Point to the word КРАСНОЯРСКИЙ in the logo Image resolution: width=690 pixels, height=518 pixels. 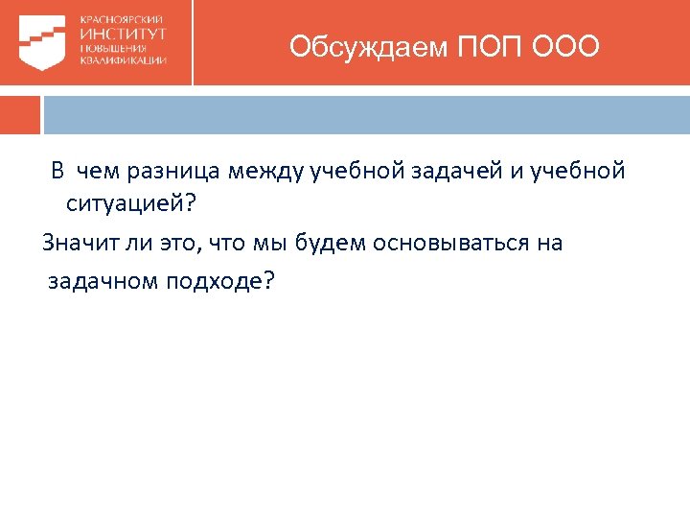[x=122, y=19]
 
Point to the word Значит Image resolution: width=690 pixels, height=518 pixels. [x=75, y=243]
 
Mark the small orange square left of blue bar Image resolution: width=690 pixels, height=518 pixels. [x=20, y=114]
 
